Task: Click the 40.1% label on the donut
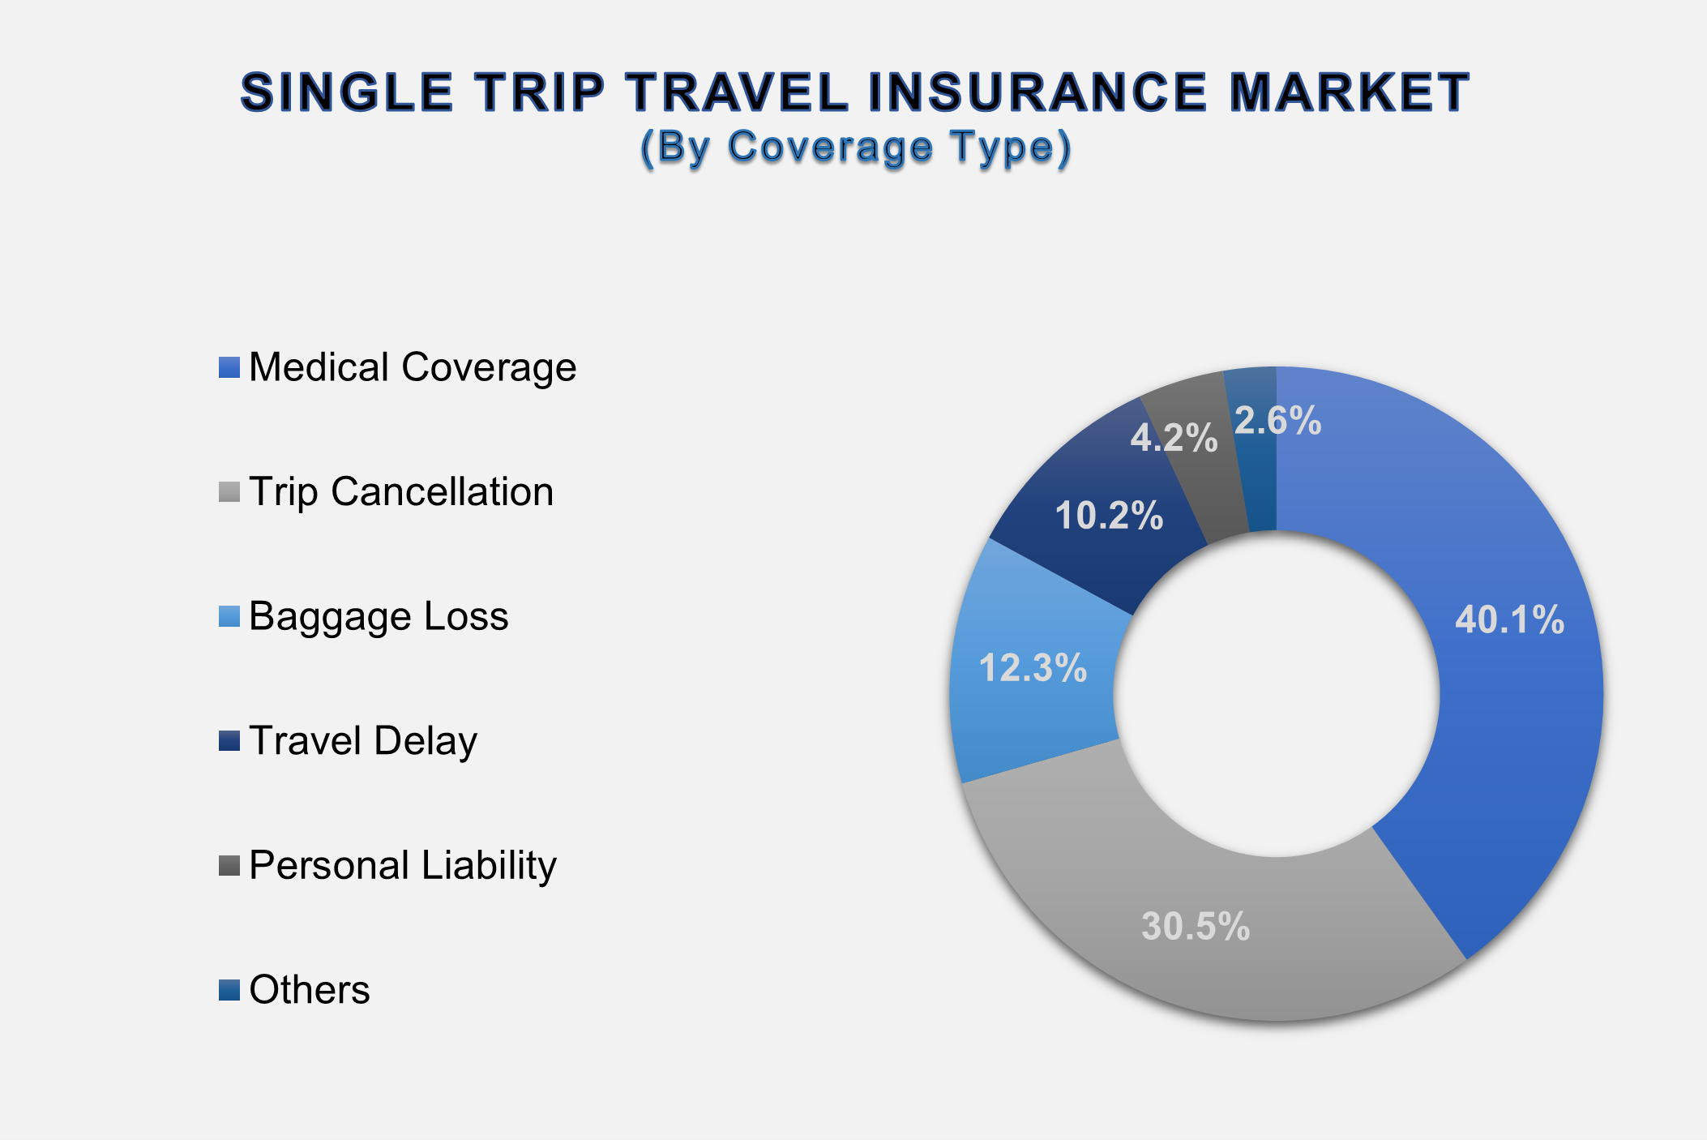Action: point(1509,620)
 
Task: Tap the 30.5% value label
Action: point(1196,926)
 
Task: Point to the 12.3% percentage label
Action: point(1033,668)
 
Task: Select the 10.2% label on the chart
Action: point(1109,516)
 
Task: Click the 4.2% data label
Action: point(1174,439)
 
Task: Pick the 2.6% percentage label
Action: point(1277,421)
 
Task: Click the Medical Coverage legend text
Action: point(413,367)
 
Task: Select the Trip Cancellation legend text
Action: point(401,492)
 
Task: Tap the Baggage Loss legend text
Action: point(379,616)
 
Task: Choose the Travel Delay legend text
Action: point(363,741)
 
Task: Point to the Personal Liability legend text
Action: point(403,865)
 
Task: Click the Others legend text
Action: point(310,990)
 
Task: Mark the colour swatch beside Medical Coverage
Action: point(229,367)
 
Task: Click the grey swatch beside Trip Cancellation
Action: point(229,492)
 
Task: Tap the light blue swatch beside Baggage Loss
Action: point(229,616)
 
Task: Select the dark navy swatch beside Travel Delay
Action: point(229,741)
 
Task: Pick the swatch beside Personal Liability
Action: point(229,865)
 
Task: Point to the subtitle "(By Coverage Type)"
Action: point(856,148)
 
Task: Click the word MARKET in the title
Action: point(1349,92)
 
